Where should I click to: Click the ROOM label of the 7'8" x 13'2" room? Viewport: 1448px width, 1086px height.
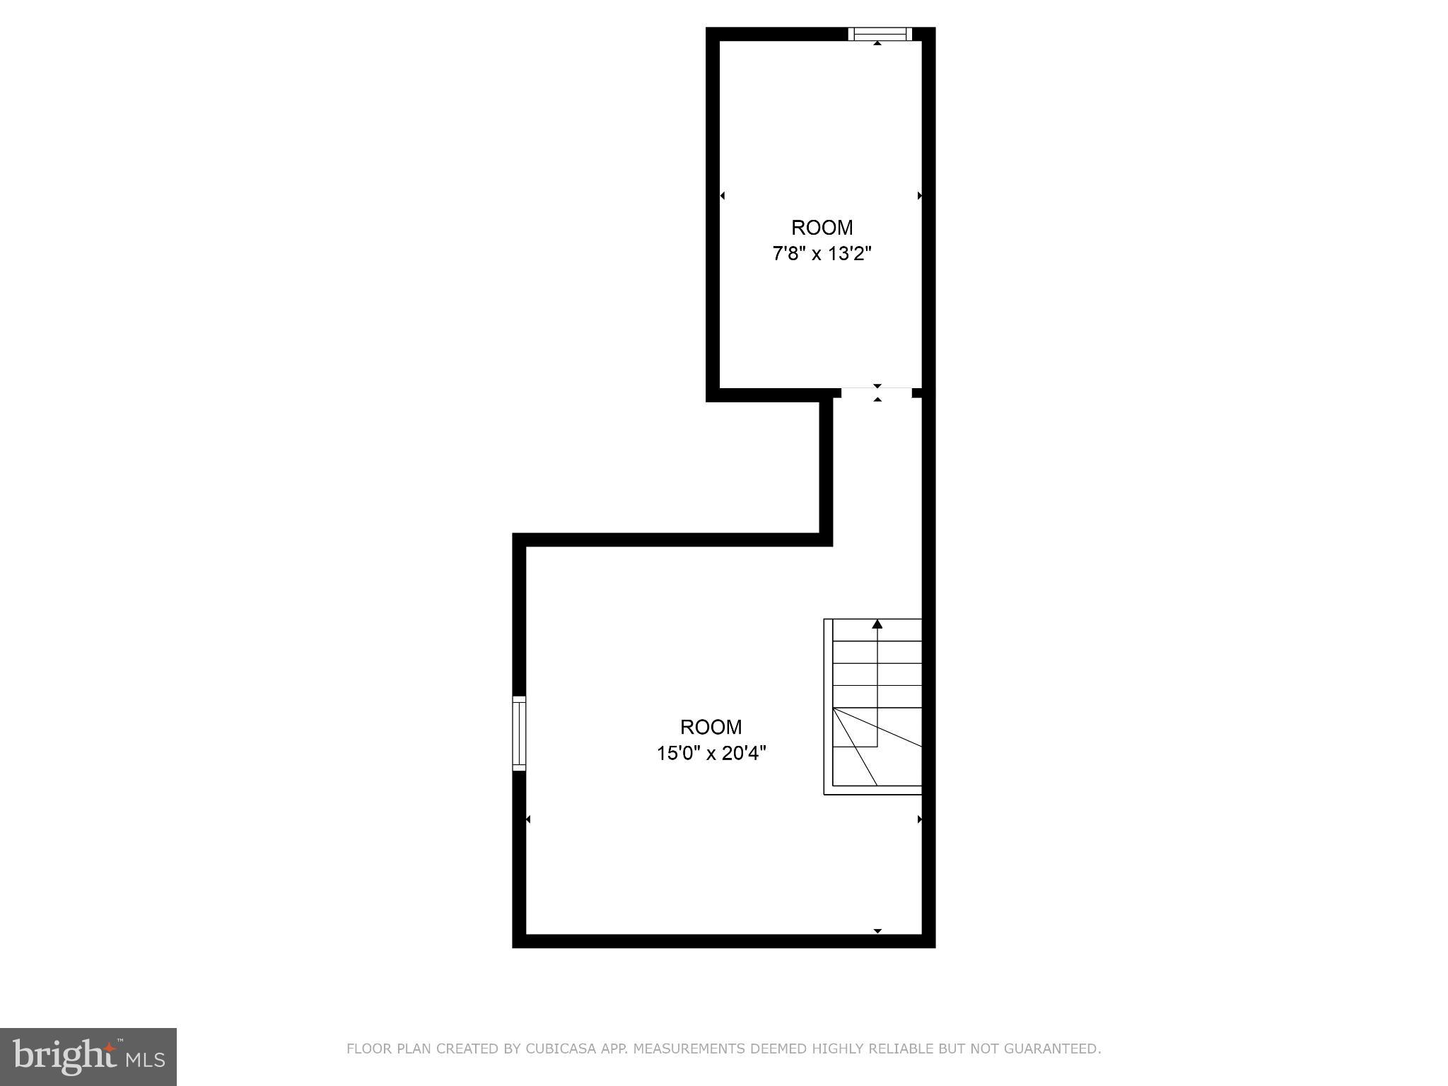coord(822,228)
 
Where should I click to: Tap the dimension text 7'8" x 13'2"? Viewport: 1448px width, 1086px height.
coord(822,254)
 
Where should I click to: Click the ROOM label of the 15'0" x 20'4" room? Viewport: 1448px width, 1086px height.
coord(711,727)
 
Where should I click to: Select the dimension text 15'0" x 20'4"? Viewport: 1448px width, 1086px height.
coord(711,754)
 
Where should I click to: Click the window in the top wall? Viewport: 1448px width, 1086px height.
coord(880,33)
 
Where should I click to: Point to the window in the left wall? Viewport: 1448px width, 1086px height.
coord(519,733)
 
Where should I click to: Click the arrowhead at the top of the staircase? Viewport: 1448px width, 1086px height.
coord(877,624)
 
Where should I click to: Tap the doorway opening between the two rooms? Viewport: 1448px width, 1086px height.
coord(877,393)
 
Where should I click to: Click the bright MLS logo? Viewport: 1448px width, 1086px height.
coord(88,1056)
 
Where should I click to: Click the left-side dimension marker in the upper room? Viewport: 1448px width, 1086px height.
coord(722,195)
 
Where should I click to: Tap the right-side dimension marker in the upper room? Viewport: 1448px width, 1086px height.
coord(920,195)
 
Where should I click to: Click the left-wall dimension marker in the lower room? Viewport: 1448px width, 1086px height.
coord(528,819)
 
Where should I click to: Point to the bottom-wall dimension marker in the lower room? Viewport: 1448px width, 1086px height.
coord(877,931)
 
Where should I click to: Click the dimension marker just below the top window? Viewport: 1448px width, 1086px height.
coord(877,44)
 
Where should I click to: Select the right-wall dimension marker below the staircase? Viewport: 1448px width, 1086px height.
coord(920,819)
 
